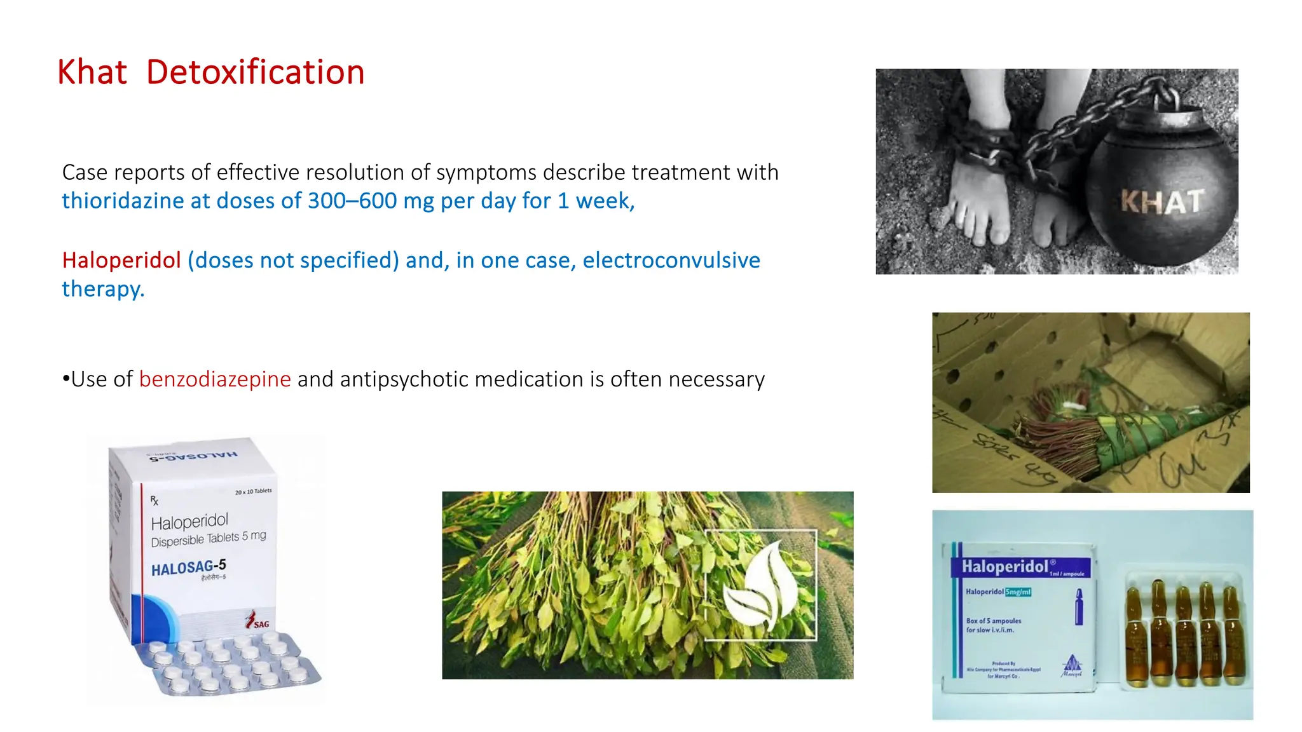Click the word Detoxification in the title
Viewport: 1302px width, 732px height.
click(x=255, y=72)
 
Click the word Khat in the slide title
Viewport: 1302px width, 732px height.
click(x=92, y=72)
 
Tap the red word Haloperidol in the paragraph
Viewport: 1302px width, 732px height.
click(x=121, y=261)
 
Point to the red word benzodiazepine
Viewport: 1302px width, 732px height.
click(x=215, y=379)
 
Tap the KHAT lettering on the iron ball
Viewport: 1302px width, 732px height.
click(x=1161, y=202)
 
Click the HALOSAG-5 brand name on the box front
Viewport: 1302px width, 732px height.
click(x=188, y=567)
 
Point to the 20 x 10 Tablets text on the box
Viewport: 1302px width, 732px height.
click(x=253, y=491)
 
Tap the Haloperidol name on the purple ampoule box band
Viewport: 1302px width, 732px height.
click(x=1004, y=566)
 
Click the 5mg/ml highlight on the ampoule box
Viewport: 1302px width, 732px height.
click(x=1018, y=592)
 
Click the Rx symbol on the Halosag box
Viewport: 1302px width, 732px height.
click(x=154, y=501)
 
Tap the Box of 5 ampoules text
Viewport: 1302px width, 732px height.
click(x=994, y=621)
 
